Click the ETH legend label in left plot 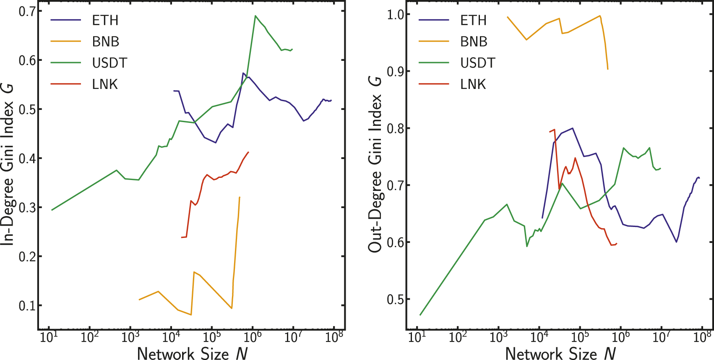point(105,20)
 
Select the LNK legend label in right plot point(473,84)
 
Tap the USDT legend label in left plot point(109,63)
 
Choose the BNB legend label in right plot point(474,42)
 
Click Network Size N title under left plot point(192,354)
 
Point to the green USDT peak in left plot point(255,16)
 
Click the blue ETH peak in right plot point(572,128)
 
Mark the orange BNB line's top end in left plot point(240,197)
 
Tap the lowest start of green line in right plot point(420,315)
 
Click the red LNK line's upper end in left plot point(249,152)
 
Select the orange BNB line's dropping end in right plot point(608,69)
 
